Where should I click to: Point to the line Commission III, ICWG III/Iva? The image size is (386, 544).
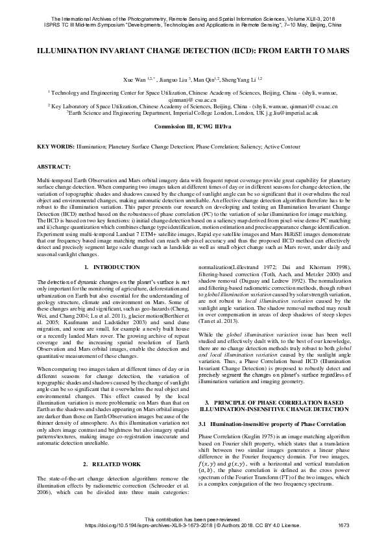pos(193,126)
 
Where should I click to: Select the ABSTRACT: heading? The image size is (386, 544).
pos(53,167)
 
